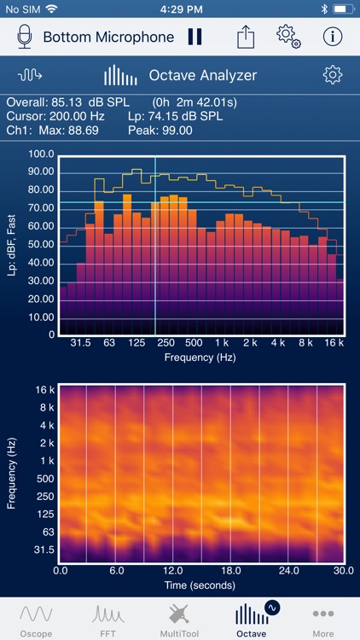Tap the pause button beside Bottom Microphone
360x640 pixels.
tap(195, 37)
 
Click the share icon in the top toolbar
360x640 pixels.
tap(246, 37)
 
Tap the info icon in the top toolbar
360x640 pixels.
tap(333, 37)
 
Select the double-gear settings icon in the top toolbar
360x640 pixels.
tap(289, 37)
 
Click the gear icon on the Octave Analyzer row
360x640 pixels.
tap(333, 75)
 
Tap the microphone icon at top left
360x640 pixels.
tap(25, 37)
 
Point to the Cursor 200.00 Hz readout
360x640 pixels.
tap(55, 116)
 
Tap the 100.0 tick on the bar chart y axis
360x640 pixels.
tap(41, 154)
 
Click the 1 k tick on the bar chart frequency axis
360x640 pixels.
tap(221, 343)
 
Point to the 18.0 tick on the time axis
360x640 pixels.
tap(231, 570)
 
